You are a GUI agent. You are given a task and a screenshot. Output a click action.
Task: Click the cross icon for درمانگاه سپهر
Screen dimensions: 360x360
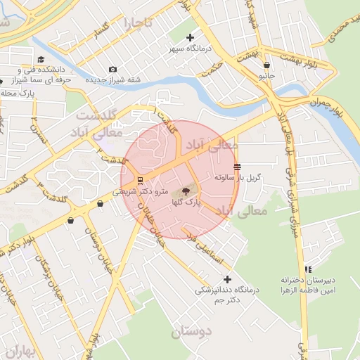coord(190,37)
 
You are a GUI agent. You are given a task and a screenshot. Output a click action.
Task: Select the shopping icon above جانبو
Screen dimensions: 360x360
coord(266,65)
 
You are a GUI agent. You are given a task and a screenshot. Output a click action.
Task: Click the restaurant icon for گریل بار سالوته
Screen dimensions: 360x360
coord(237,167)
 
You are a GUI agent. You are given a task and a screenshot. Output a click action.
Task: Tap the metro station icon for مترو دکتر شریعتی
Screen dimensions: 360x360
coord(140,181)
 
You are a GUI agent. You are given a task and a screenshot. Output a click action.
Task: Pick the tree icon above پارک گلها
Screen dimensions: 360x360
coord(186,191)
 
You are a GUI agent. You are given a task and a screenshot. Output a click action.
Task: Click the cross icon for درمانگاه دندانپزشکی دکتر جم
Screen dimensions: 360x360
coord(226,279)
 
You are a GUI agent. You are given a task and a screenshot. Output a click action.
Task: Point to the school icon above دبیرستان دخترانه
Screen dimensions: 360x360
coord(308,269)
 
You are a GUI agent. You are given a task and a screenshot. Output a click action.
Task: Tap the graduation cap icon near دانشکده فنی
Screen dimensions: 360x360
coord(41,59)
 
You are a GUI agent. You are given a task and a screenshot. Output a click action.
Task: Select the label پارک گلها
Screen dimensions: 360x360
coord(186,202)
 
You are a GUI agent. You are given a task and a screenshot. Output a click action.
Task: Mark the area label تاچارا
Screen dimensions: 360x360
coord(134,25)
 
